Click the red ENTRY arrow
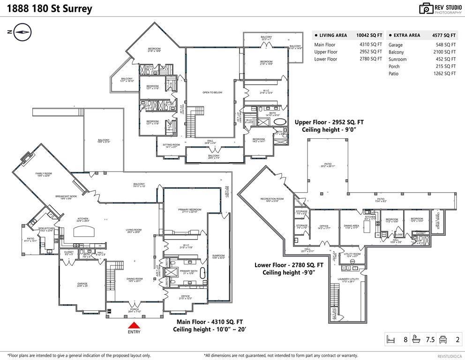coord(135,325)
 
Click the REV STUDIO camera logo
coord(426,8)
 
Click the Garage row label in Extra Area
coord(396,45)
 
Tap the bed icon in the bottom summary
coord(392,339)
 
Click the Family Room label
coord(44,174)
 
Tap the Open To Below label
coord(212,92)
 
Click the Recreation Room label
coord(272,200)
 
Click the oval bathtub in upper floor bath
coord(280,121)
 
